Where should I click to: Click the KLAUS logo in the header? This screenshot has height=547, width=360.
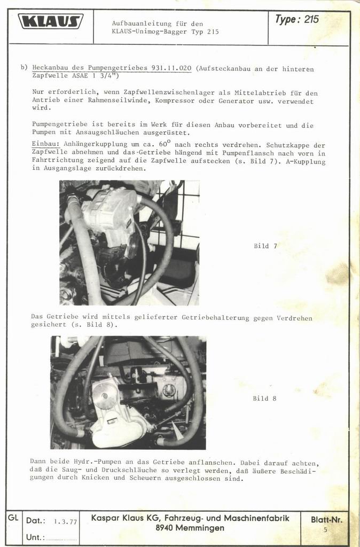point(51,21)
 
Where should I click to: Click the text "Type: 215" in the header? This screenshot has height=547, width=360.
point(296,19)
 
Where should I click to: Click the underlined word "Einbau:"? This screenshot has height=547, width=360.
point(46,144)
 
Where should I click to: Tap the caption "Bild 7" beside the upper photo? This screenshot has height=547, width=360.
point(265,246)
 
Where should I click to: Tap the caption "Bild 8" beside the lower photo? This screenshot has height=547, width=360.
point(264,398)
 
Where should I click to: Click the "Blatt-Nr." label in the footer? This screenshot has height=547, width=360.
point(326,520)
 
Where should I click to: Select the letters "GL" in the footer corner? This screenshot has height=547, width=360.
point(13,518)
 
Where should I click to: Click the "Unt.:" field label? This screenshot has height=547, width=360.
point(35,537)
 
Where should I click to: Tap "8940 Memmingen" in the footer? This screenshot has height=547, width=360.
point(190,528)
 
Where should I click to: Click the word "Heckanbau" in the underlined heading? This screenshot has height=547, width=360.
point(50,68)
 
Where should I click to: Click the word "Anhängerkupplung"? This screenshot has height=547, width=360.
point(96,145)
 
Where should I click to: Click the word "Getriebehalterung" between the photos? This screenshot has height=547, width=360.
point(215,318)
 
